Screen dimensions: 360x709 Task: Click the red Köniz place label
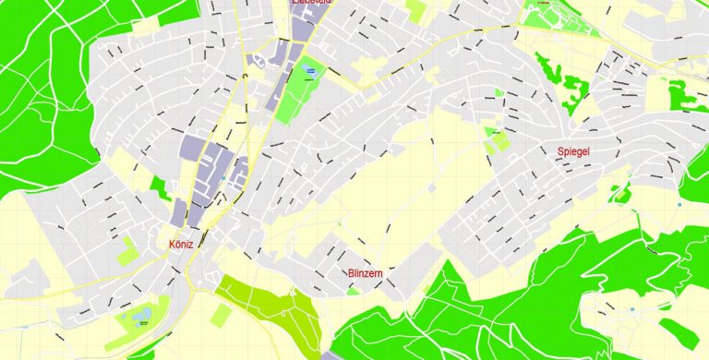181,245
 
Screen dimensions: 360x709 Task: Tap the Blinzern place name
367,273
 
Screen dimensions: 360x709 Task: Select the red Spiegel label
573,150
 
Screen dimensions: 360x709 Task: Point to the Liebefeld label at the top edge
311,4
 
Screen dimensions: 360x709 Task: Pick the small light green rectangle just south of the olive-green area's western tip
220,315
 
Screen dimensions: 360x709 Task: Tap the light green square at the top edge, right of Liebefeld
416,9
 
